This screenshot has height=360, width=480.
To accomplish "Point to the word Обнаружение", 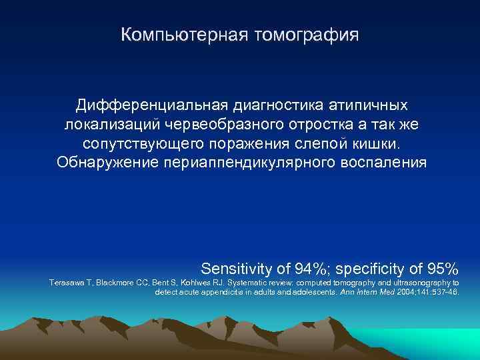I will (x=107, y=163).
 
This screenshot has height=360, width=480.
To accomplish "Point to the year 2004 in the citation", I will (x=411, y=292).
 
